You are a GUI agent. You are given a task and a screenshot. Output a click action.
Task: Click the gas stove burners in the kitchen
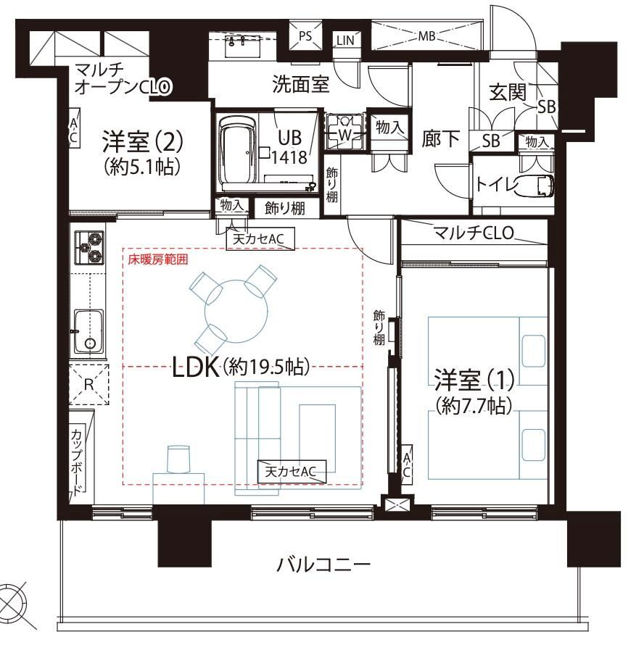click(x=89, y=247)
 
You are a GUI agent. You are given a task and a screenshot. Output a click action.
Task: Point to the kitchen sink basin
click(x=88, y=331)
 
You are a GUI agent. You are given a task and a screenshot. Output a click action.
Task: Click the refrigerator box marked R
click(x=89, y=385)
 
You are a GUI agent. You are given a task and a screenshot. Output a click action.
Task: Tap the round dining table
click(x=236, y=312)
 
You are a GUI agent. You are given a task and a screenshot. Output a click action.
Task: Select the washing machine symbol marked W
click(x=344, y=131)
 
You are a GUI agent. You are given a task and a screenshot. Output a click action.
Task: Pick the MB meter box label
click(x=426, y=36)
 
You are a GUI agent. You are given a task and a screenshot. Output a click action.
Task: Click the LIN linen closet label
click(x=345, y=40)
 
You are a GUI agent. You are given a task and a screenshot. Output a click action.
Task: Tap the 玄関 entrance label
click(x=508, y=92)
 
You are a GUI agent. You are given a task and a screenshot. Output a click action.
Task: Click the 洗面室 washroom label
click(x=301, y=84)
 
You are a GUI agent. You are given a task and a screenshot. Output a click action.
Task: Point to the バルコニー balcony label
click(x=323, y=565)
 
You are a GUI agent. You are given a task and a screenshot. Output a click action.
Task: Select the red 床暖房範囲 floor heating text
click(x=158, y=259)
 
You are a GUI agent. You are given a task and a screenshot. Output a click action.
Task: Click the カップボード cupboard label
click(x=77, y=461)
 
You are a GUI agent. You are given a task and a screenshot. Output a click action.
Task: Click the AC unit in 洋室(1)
click(x=406, y=465)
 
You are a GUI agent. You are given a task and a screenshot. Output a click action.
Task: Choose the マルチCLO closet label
click(x=474, y=233)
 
